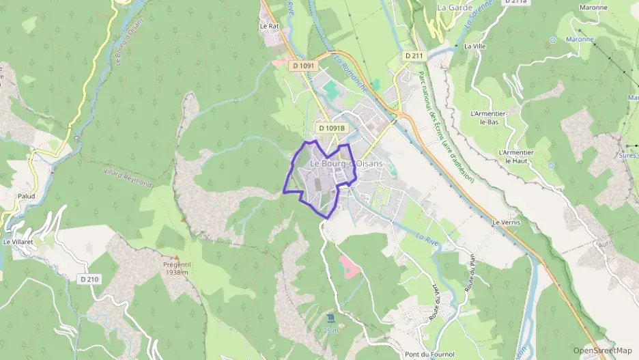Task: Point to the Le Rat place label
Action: tap(270, 26)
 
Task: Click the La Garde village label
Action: tap(451, 7)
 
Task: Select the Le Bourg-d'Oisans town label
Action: tap(346, 164)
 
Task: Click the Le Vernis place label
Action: tap(506, 223)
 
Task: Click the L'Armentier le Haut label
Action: tap(516, 156)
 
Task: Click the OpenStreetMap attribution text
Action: tap(602, 350)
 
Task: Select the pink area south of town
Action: tap(348, 265)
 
